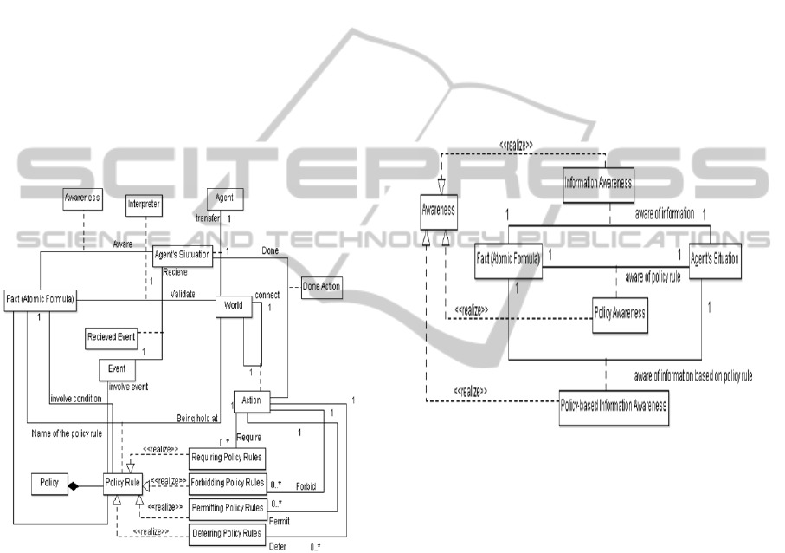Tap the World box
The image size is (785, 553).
click(x=232, y=306)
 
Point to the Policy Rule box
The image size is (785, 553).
click(x=123, y=483)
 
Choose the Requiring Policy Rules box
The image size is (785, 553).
click(x=227, y=457)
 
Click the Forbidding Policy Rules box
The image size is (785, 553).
click(x=227, y=482)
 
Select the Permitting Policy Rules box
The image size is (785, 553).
click(x=227, y=507)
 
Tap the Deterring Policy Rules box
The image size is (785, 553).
click(x=227, y=533)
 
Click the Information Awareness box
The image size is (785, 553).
click(x=599, y=183)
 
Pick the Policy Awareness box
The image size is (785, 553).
click(x=621, y=312)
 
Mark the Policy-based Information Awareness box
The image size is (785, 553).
click(x=614, y=407)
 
